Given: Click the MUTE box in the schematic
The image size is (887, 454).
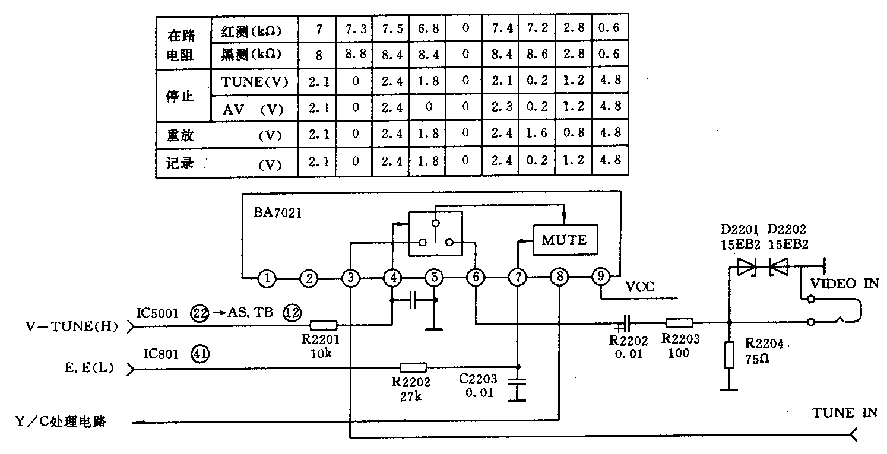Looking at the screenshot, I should (564, 240).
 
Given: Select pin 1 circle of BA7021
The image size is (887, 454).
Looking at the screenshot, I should (268, 278).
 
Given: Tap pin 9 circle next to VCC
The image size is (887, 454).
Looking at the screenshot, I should (601, 277).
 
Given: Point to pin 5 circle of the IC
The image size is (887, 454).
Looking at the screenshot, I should (435, 278).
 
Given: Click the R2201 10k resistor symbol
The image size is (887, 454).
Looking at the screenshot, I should (324, 325).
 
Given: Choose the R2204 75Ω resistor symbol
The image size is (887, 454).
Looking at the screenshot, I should (730, 356).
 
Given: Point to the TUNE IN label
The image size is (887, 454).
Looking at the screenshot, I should (845, 413).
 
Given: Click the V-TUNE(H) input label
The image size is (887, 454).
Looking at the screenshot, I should (72, 326).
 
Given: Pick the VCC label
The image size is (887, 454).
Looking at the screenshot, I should (640, 287).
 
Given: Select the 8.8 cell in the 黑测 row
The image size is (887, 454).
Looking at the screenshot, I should (355, 55).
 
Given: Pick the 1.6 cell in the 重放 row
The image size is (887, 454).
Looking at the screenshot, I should (537, 135).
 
